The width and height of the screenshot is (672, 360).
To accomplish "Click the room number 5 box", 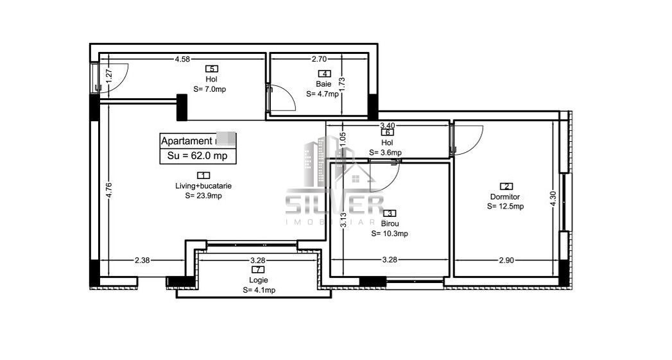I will pyautogui.click(x=211, y=69).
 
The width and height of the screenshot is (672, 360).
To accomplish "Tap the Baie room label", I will pyautogui.click(x=323, y=83).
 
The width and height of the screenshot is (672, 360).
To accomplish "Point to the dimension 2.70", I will pyautogui.click(x=320, y=60).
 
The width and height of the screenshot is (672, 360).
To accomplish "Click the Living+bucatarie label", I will pyautogui.click(x=203, y=185).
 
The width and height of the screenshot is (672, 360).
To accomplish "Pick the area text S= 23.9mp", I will pyautogui.click(x=203, y=196).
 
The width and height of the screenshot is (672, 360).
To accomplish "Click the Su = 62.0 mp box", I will pyautogui.click(x=198, y=155).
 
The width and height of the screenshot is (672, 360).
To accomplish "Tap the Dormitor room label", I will pyautogui.click(x=504, y=196).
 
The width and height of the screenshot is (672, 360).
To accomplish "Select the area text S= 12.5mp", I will pyautogui.click(x=505, y=207).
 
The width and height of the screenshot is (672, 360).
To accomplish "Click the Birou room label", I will pyautogui.click(x=390, y=223).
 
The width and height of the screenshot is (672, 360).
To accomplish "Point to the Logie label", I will pyautogui.click(x=259, y=280).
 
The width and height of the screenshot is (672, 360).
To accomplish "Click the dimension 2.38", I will pyautogui.click(x=142, y=260).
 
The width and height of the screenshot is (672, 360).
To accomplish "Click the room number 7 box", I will pyautogui.click(x=259, y=270).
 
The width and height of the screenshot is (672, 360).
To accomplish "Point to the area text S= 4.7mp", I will pyautogui.click(x=322, y=94).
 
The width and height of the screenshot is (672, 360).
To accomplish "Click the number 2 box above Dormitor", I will pyautogui.click(x=505, y=186).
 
